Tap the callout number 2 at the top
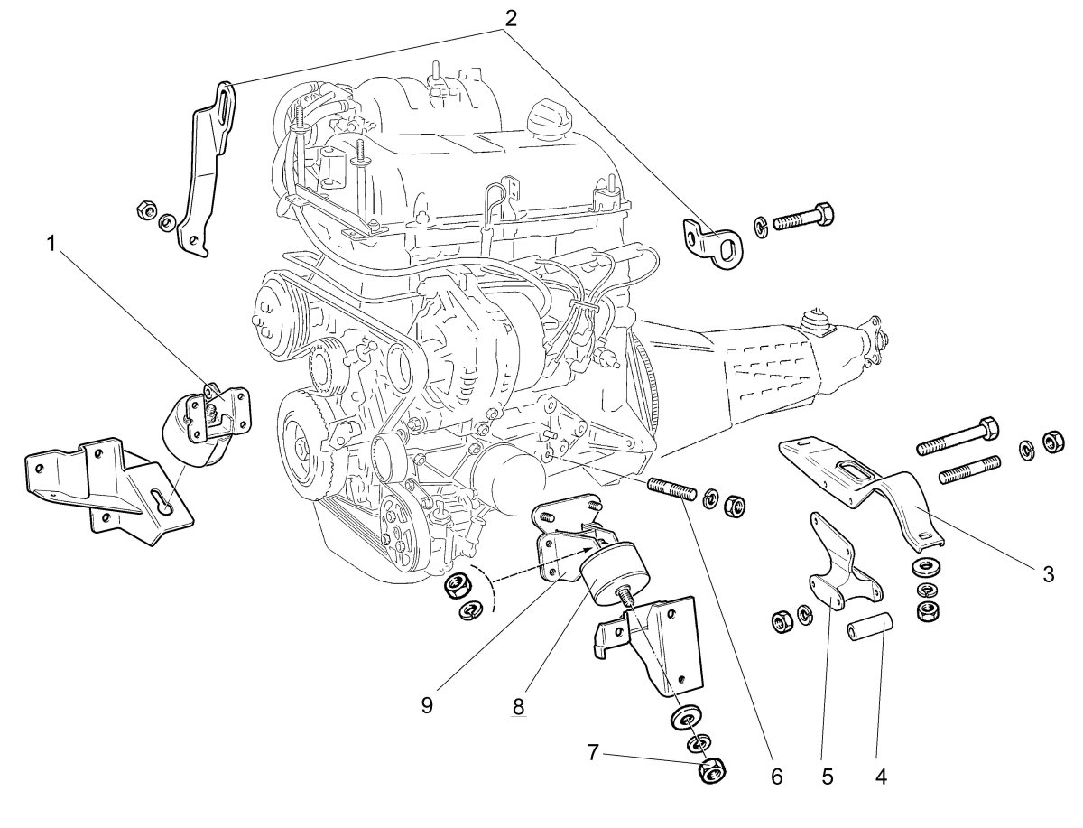click(510, 18)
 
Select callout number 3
click(1049, 574)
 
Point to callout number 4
click(881, 777)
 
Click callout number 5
click(828, 777)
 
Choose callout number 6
click(776, 777)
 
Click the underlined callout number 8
click(518, 707)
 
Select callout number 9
click(427, 705)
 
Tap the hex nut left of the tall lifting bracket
click(146, 210)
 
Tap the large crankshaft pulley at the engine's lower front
click(304, 450)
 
